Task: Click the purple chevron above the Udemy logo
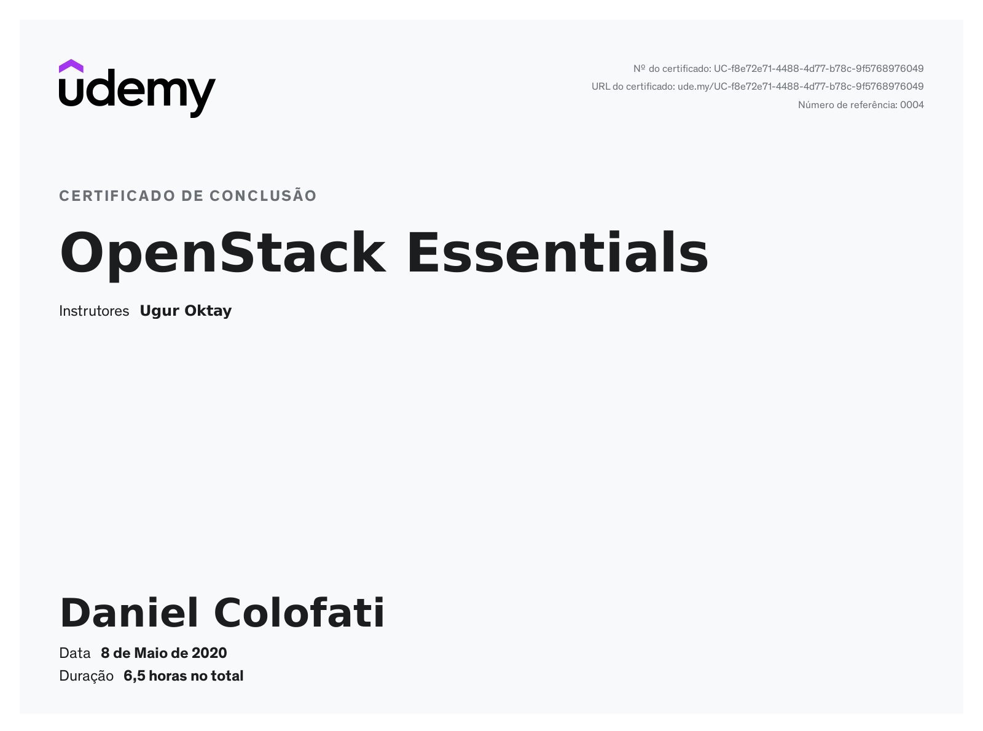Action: (71, 66)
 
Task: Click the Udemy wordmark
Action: (138, 93)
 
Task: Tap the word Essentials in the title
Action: (557, 252)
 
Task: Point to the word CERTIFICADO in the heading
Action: (117, 196)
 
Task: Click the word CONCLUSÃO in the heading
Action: (263, 195)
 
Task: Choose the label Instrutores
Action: (94, 311)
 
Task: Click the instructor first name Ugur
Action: (160, 311)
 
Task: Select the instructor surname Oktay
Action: (208, 311)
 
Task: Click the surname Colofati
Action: (299, 612)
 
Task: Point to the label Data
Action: (75, 653)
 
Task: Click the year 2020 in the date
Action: (209, 653)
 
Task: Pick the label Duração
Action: (87, 676)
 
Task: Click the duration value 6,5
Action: (135, 676)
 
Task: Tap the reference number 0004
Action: (912, 105)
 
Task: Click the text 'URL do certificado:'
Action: (633, 87)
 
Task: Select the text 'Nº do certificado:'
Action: (672, 69)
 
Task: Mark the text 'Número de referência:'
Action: (848, 105)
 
